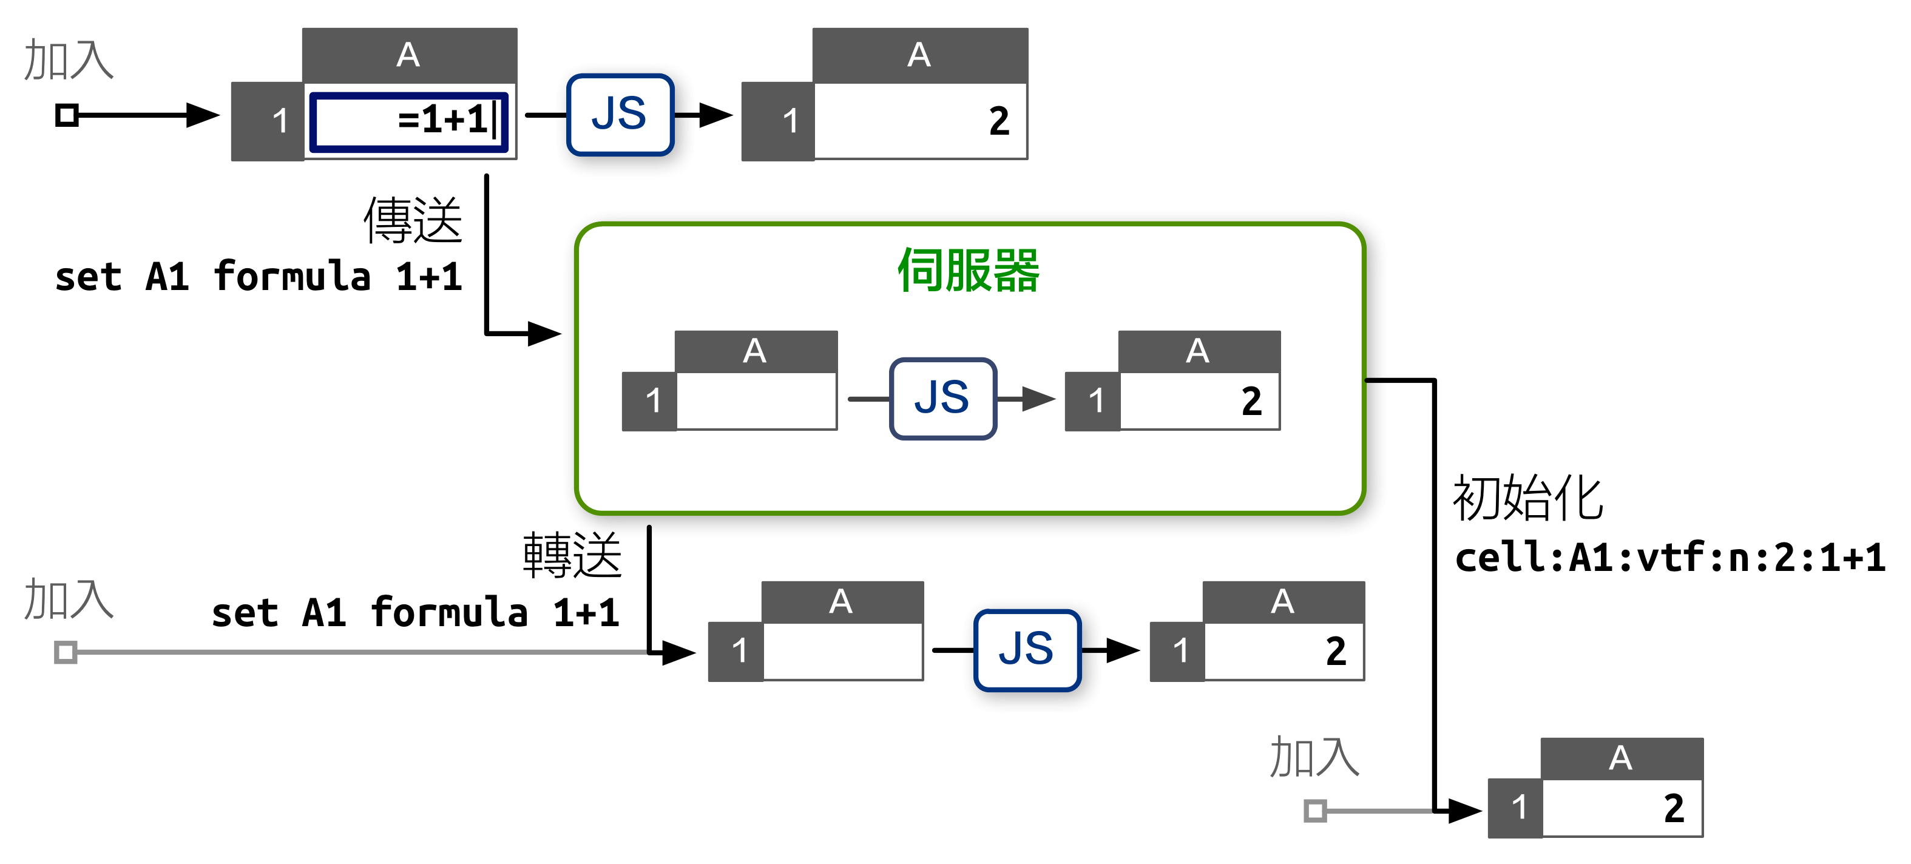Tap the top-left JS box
(620, 115)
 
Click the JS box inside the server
(942, 398)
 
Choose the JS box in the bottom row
(1027, 650)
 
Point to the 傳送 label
(413, 220)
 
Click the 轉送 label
(572, 556)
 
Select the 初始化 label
(1527, 498)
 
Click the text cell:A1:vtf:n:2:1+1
(1669, 558)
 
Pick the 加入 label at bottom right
(1314, 757)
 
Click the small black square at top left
(67, 115)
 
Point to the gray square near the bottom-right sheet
(1314, 810)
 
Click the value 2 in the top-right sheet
(998, 121)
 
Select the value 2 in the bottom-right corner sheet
(1673, 808)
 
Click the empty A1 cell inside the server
(756, 400)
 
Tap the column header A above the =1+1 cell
(409, 55)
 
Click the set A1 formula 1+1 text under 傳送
(258, 277)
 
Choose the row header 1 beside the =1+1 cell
(279, 121)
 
